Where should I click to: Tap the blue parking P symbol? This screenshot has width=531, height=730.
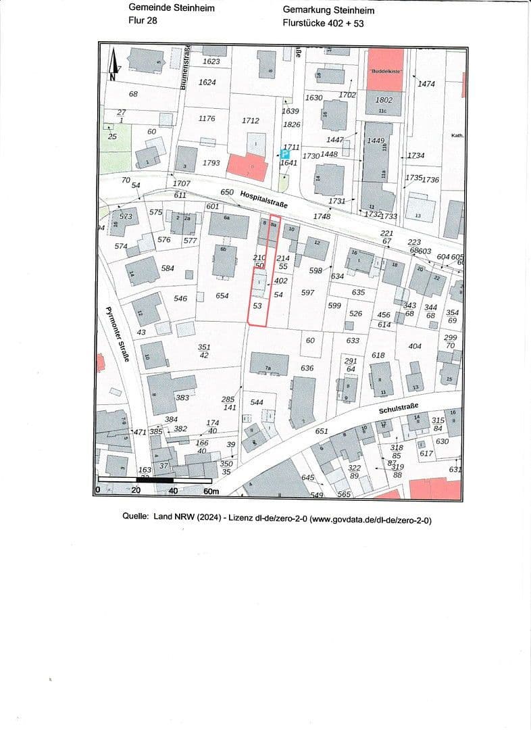click(284, 155)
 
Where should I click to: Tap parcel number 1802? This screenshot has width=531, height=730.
click(384, 99)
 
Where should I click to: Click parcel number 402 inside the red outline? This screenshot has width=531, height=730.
click(281, 281)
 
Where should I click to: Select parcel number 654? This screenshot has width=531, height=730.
click(222, 296)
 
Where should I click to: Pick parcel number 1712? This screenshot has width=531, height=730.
click(250, 121)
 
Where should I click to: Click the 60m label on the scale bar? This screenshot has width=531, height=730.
click(211, 491)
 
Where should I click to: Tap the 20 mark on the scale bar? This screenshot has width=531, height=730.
click(136, 491)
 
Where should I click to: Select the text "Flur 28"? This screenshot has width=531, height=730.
click(143, 20)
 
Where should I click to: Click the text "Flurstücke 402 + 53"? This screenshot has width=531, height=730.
click(324, 22)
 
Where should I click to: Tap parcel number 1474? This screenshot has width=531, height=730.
click(427, 84)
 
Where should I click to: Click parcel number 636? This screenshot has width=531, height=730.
click(307, 368)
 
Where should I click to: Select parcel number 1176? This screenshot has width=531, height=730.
click(207, 119)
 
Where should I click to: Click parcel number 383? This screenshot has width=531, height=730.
click(182, 398)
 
